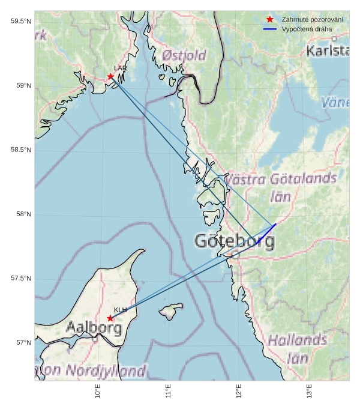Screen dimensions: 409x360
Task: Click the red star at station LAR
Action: coord(111,76)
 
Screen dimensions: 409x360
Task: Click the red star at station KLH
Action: coord(110,318)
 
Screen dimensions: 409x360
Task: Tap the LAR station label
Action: coord(120,68)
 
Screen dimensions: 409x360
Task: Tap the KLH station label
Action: coord(120,310)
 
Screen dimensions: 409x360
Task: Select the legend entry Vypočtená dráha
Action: coord(307,29)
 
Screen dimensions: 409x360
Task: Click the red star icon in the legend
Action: coord(270,20)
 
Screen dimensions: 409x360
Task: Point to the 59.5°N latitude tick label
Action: coord(20,22)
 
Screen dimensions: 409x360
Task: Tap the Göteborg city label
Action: coord(235,242)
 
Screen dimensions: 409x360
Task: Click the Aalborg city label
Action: coord(94,329)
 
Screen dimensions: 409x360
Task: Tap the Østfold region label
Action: coord(184,56)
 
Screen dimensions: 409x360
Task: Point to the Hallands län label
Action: coord(297,349)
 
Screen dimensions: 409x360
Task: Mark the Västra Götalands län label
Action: coord(280,187)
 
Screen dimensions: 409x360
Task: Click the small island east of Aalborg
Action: coord(171,312)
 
